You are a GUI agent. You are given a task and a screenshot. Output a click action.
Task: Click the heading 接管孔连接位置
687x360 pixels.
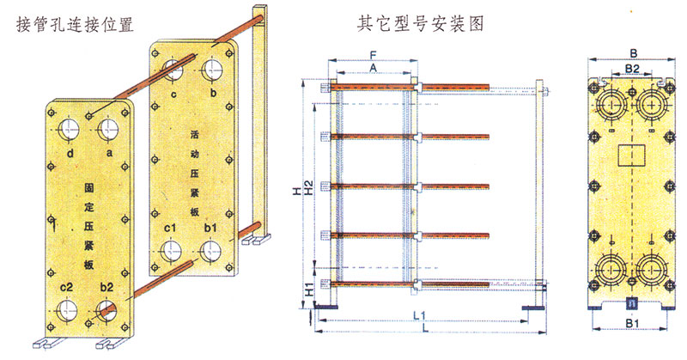pos(76,24)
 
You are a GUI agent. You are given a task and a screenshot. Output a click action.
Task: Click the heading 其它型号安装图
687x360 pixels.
pos(420,24)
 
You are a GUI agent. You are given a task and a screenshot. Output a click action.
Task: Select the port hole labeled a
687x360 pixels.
pos(108,130)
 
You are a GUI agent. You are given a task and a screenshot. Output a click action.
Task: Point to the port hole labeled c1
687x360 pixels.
pos(170,251)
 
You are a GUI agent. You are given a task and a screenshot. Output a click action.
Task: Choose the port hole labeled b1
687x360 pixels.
pos(209,250)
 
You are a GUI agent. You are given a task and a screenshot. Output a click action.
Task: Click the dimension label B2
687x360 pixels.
pos(630,66)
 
